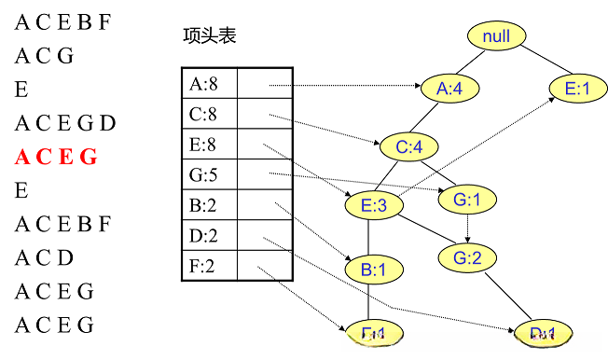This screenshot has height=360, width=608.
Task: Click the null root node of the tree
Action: pyautogui.click(x=497, y=36)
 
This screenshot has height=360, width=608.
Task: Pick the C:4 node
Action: pyautogui.click(x=409, y=146)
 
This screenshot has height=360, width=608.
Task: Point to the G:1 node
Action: pyautogui.click(x=465, y=200)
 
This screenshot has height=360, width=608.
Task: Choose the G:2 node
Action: pyautogui.click(x=467, y=258)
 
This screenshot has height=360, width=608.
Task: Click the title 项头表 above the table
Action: pyautogui.click(x=210, y=36)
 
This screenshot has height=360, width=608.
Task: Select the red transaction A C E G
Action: pyautogui.click(x=56, y=157)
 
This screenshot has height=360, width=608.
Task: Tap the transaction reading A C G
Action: pyautogui.click(x=44, y=56)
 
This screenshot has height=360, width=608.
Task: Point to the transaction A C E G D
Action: pyautogui.click(x=65, y=123)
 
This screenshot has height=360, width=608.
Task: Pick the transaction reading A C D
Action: pyautogui.click(x=44, y=257)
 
